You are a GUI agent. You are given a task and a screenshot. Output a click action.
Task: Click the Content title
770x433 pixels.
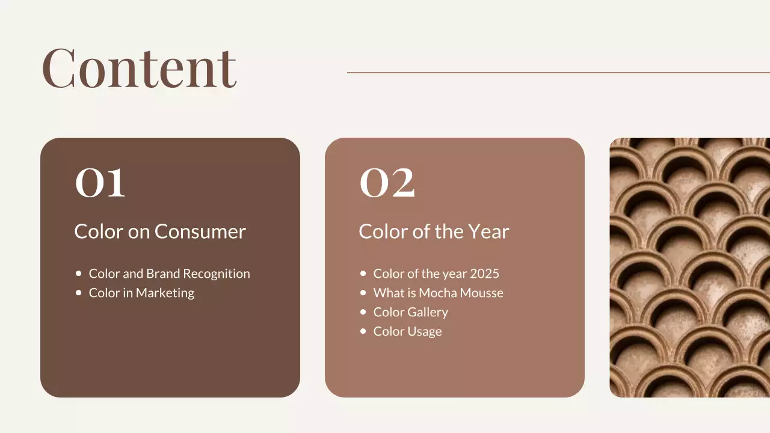click(x=139, y=67)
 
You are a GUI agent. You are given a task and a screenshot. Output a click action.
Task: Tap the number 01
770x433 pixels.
click(x=100, y=182)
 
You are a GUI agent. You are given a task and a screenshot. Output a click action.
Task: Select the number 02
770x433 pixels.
click(x=387, y=182)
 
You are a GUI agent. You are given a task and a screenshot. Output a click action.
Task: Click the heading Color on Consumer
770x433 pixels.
click(x=160, y=232)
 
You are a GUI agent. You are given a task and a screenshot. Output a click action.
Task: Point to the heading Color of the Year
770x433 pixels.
click(x=434, y=232)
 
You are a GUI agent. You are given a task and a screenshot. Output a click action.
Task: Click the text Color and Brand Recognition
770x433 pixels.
click(x=169, y=274)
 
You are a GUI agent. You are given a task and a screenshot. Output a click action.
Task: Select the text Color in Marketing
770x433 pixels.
click(x=141, y=293)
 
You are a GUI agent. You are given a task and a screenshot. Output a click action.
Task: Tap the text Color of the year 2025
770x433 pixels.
click(x=436, y=274)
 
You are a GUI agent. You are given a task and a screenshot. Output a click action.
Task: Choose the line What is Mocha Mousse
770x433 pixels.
click(x=438, y=293)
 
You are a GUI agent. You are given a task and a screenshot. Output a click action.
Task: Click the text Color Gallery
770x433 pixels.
click(x=410, y=312)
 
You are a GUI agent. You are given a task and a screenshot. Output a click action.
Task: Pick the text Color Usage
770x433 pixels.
click(x=407, y=331)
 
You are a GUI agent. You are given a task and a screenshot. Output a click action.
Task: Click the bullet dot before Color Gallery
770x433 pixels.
click(x=363, y=312)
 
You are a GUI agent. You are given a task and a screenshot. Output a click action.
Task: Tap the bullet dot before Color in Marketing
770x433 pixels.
click(x=78, y=292)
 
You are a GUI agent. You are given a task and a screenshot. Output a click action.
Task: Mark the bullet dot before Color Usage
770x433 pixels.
click(x=363, y=331)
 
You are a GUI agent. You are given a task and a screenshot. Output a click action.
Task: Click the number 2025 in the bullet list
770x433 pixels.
click(x=485, y=274)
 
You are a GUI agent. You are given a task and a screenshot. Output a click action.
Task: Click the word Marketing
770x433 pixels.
click(x=165, y=293)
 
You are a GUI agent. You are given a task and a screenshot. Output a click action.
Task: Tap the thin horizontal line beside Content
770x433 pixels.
click(x=558, y=73)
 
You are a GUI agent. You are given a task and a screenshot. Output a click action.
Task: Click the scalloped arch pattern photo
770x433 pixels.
click(x=689, y=268)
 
